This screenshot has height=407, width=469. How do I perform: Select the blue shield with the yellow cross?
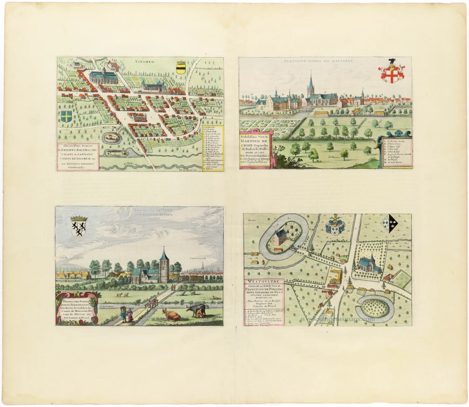[67, 115]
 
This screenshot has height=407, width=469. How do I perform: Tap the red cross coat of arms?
[391, 73]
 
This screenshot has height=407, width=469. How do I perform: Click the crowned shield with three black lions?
[78, 226]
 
